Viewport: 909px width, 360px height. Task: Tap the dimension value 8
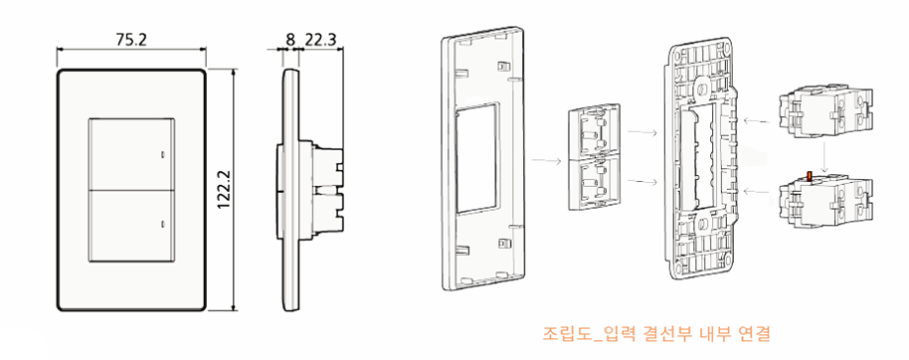(289, 41)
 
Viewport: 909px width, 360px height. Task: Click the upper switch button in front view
(133, 153)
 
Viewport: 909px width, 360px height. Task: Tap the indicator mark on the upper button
(162, 155)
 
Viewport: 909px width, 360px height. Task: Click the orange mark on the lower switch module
(810, 178)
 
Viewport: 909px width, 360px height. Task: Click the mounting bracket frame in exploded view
(705, 159)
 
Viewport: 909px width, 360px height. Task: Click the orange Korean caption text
(656, 330)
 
